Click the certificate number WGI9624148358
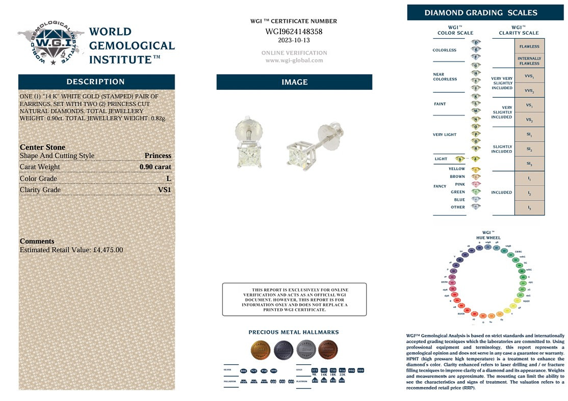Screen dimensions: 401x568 tap(294, 32)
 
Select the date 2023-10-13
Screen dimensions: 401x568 tap(294, 40)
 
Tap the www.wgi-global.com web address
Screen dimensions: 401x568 tap(294, 60)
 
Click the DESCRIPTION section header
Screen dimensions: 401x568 tap(96, 82)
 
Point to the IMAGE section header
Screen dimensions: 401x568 tap(294, 82)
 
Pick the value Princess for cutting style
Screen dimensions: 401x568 tap(158, 156)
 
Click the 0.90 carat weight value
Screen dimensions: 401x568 tap(155, 167)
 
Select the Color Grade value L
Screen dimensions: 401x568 tap(168, 179)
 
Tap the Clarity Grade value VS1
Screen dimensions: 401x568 tap(164, 190)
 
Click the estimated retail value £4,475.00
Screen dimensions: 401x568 tap(109, 250)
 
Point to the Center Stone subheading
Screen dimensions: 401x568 tap(42, 147)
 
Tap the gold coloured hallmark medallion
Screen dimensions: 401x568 tap(260, 350)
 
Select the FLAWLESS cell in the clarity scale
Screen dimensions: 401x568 tap(529, 46)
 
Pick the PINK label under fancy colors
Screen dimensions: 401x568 tap(460, 184)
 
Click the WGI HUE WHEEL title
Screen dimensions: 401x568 tap(488, 235)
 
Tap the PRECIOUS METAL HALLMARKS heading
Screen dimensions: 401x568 tap(294, 332)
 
